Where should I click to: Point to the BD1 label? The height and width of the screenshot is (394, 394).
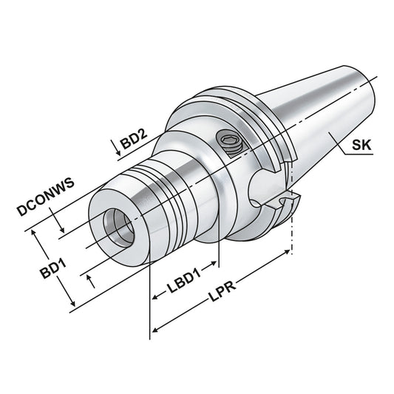(50, 265)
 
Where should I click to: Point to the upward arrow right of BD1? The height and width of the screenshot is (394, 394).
(91, 279)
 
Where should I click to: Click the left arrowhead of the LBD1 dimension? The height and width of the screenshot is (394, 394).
(154, 298)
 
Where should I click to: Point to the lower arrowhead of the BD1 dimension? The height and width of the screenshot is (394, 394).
(72, 303)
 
